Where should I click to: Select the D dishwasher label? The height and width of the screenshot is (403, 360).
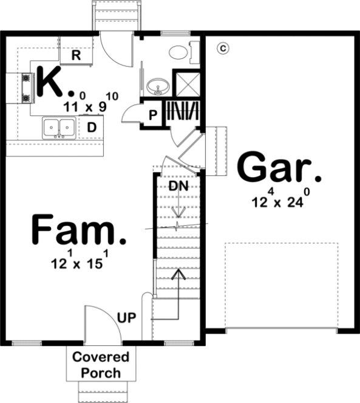coord(91,127)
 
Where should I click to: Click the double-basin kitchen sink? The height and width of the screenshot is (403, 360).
coord(59,127)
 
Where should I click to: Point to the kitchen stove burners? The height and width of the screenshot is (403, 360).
coord(27,88)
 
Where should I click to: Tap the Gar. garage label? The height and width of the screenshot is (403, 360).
coord(279,168)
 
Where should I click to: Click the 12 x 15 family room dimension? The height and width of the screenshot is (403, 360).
coord(80,262)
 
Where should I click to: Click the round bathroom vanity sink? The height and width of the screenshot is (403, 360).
coord(158,87)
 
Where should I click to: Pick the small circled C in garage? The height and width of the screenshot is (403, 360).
coord(222,47)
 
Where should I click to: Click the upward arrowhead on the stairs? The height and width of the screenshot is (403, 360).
coord(177,274)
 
